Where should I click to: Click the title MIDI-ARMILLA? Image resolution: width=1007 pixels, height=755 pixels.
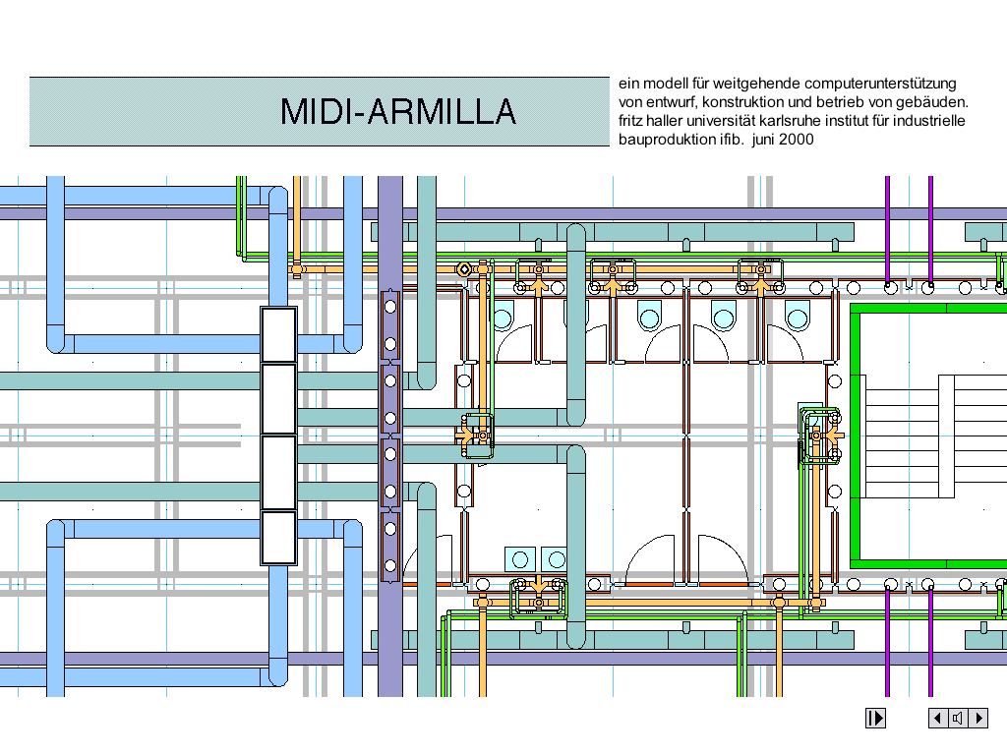pyautogui.click(x=398, y=112)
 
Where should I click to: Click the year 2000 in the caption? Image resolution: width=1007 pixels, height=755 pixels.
pyautogui.click(x=797, y=140)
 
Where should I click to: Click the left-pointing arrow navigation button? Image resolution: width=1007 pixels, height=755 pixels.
pyautogui.click(x=938, y=718)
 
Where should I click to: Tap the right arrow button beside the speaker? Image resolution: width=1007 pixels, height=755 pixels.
pyautogui.click(x=978, y=718)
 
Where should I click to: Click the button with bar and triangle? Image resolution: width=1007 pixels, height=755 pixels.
pyautogui.click(x=875, y=718)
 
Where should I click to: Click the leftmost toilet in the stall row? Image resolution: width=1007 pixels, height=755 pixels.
pyautogui.click(x=503, y=317)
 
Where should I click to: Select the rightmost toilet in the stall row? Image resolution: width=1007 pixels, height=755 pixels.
pyautogui.click(x=798, y=317)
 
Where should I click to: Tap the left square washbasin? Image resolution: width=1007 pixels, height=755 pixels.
pyautogui.click(x=518, y=559)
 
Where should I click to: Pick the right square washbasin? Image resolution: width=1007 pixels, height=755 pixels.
pyautogui.click(x=556, y=559)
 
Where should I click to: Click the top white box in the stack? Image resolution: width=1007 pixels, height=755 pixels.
pyautogui.click(x=278, y=334)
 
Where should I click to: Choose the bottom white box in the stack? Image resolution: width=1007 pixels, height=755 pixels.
pyautogui.click(x=278, y=538)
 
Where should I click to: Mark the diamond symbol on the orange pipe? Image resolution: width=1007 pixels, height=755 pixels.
pyautogui.click(x=463, y=268)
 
